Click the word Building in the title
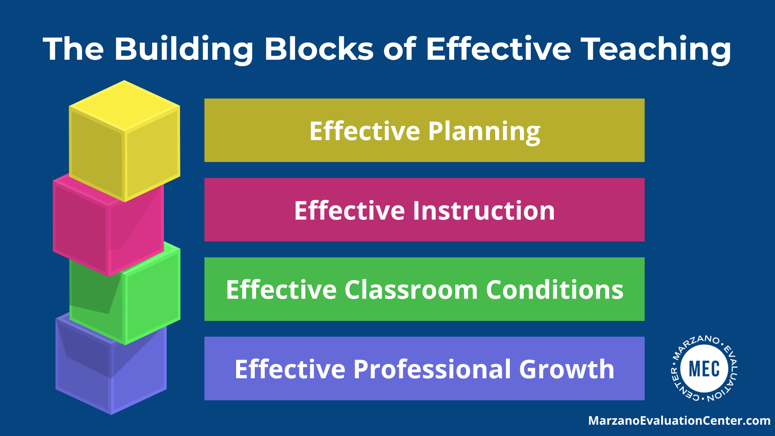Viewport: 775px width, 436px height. pos(184,50)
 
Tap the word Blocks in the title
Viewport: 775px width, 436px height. pos(319,49)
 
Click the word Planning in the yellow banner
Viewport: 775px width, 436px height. pos(484,132)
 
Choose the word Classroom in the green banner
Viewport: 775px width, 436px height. pos(411,290)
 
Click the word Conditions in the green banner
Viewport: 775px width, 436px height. pos(555,290)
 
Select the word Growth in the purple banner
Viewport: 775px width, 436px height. pos(566,369)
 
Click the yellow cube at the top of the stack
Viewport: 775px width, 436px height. pos(125,141)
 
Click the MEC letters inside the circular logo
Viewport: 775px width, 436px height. pos(704,369)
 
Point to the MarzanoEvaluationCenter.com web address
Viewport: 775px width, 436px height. pos(679,421)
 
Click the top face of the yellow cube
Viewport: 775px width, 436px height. pos(125,106)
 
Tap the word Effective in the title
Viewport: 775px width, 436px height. pos(499,49)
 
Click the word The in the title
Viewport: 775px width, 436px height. pos(73,49)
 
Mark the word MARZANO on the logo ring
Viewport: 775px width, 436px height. pos(694,346)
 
